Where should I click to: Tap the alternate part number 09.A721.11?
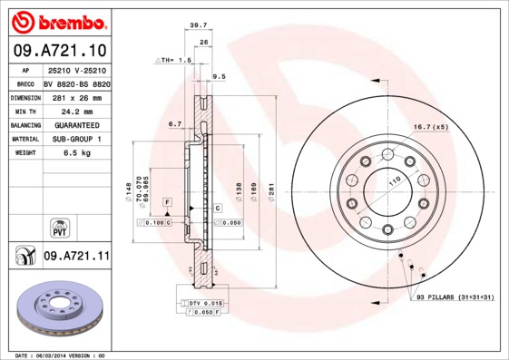click(x=75, y=257)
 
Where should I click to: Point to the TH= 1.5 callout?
click(x=176, y=60)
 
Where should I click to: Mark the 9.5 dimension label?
click(x=219, y=77)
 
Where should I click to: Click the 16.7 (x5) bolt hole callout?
click(x=431, y=127)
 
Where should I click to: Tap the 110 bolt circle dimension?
click(x=395, y=182)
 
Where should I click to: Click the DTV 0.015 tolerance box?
click(x=205, y=301)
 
